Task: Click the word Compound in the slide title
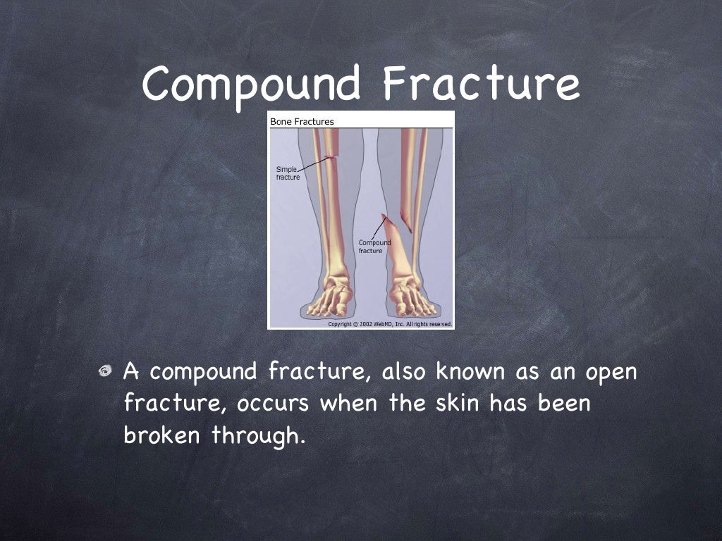[250, 83]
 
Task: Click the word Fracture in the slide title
[481, 83]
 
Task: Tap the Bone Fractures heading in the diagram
[302, 121]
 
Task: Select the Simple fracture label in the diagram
[287, 173]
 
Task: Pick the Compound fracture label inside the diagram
[374, 247]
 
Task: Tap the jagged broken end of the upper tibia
[405, 220]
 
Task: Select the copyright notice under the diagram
[390, 325]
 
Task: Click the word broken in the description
[164, 436]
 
